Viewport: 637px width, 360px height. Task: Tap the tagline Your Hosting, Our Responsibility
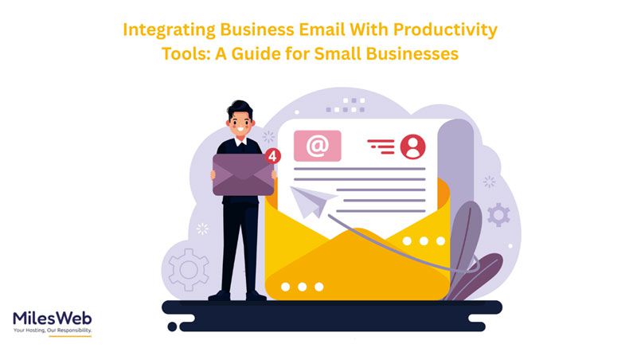[52, 331]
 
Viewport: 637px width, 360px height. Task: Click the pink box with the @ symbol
[318, 146]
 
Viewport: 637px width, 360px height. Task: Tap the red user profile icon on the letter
[412, 147]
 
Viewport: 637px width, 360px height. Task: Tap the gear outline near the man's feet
[189, 269]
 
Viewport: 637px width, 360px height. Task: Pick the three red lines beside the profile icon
[381, 147]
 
